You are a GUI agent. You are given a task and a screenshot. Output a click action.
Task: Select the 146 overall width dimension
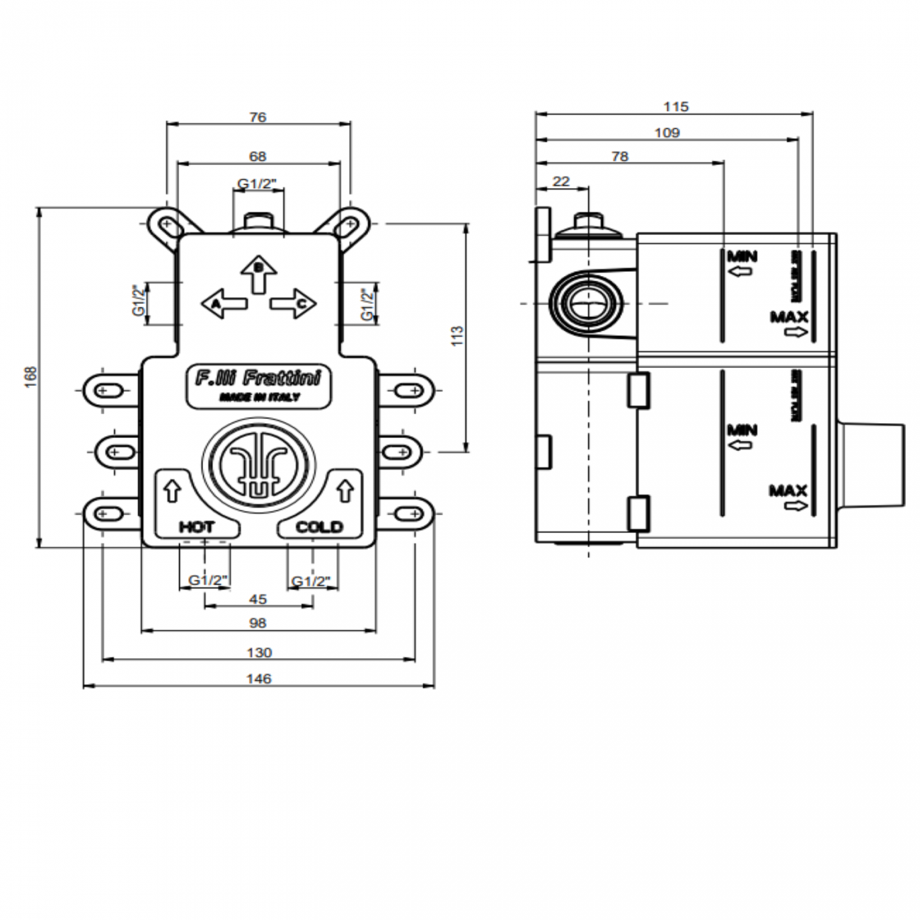coord(258,678)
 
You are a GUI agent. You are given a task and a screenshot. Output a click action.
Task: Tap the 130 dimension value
coord(259,652)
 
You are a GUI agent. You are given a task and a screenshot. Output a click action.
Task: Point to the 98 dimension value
coord(258,623)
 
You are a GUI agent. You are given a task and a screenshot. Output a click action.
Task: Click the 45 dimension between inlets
coord(258,599)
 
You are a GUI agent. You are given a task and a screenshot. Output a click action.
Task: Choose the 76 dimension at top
coord(258,117)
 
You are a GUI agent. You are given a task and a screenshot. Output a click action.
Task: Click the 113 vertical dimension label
coord(456,335)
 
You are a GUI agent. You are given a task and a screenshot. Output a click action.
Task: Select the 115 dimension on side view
coord(676,106)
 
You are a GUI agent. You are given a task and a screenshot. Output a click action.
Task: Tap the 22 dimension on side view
coord(560,181)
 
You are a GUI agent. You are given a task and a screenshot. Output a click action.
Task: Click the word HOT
coord(196,527)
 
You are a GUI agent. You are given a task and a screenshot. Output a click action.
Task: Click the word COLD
coord(318,527)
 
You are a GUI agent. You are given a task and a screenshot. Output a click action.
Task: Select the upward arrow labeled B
coord(258,273)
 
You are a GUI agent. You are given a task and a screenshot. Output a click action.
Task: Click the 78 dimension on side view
coord(619,156)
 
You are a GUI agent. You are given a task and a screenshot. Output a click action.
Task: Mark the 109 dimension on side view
coord(667,132)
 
